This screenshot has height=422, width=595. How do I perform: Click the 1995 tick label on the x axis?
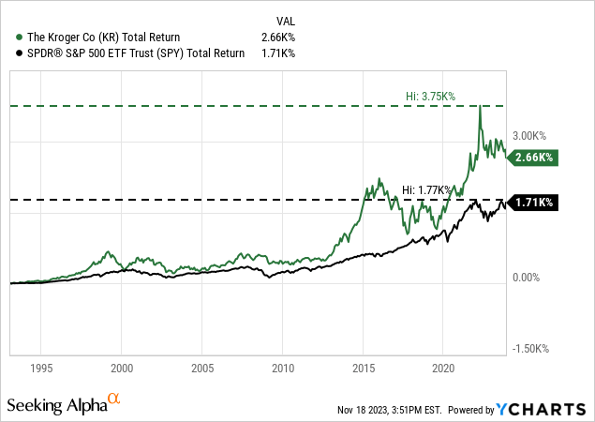tap(43, 369)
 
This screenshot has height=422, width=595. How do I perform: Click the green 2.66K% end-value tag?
tap(532, 158)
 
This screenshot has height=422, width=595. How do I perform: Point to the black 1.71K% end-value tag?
tap(532, 202)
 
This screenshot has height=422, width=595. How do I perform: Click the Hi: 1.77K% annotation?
tap(425, 189)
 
